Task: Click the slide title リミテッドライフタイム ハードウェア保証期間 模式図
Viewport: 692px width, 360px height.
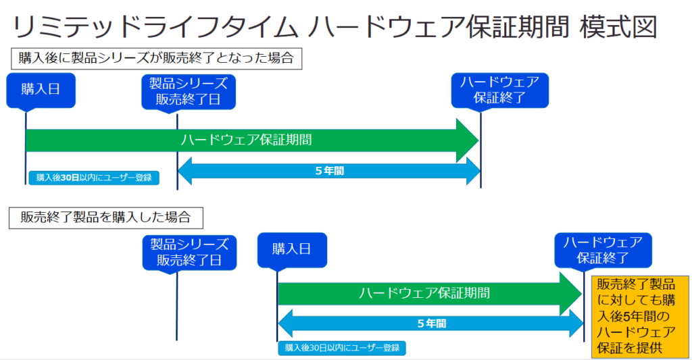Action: tap(335, 26)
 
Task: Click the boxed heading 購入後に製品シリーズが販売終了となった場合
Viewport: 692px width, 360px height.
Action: tap(156, 59)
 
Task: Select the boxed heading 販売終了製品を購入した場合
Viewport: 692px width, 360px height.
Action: tap(106, 217)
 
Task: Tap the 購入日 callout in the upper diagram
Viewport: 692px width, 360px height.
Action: tap(41, 90)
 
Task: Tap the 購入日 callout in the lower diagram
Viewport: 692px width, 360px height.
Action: tap(292, 250)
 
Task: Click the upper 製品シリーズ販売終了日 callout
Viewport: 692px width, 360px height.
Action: tap(189, 92)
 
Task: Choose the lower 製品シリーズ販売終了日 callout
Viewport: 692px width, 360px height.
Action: tap(189, 253)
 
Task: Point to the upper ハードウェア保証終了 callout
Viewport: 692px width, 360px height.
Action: tap(499, 91)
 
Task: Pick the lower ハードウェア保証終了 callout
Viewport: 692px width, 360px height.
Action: tap(603, 250)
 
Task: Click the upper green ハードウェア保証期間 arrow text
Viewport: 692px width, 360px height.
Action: tap(246, 140)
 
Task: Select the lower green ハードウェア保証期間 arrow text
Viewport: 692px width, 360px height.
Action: tap(424, 293)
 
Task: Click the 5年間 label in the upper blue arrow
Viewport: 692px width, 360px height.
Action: tap(330, 171)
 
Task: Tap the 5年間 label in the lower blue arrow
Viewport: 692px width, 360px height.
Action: tap(432, 324)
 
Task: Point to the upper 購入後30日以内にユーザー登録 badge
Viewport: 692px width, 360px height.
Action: tap(94, 178)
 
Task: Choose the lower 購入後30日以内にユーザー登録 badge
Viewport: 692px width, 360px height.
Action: tap(341, 348)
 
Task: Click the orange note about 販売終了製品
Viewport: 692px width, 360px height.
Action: tap(640, 317)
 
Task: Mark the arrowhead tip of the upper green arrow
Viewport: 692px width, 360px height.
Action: tap(478, 140)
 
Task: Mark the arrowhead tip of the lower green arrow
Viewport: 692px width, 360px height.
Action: tap(582, 294)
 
